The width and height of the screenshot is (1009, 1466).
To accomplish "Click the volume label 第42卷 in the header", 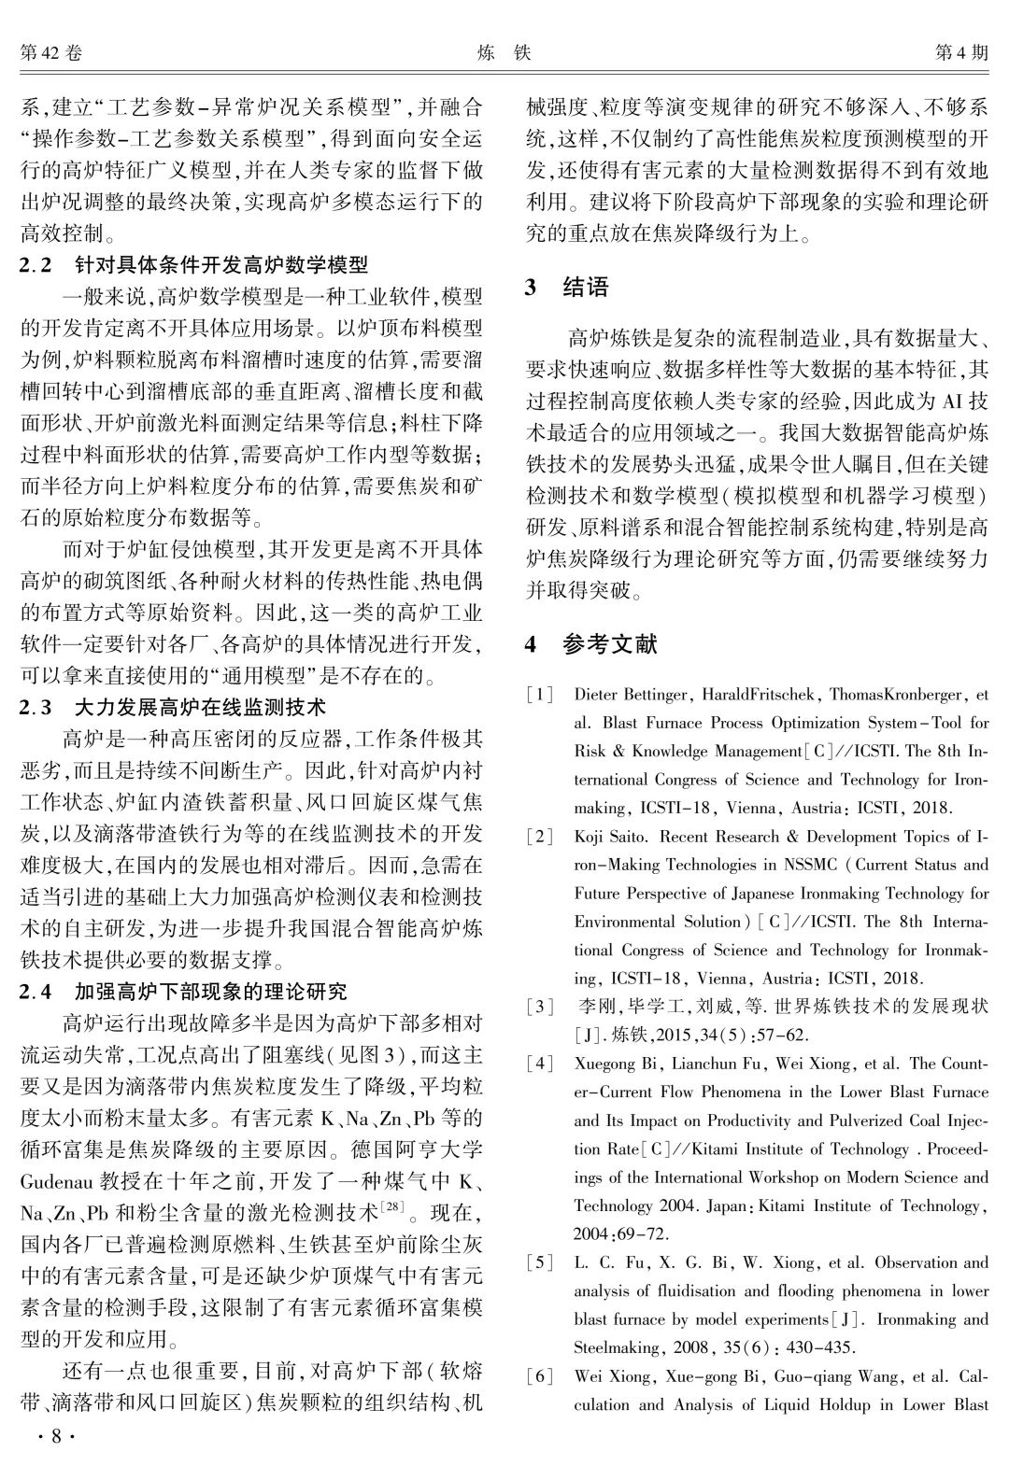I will coord(50,53).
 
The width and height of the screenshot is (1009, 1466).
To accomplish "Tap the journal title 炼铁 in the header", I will coord(504,53).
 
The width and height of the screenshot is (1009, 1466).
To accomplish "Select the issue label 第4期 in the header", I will coord(961,53).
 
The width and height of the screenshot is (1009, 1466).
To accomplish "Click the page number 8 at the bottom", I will coord(55,1436).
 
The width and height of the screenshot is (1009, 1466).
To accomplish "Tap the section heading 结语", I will coord(586,288).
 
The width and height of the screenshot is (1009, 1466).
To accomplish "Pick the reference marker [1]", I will coord(540,695).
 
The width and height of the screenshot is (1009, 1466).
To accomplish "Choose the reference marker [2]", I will coord(540,837).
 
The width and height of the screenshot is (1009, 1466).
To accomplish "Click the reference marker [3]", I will coord(540,1007).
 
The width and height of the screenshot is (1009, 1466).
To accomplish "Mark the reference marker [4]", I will coord(540,1064).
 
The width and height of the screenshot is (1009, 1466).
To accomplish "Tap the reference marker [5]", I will coord(540,1262).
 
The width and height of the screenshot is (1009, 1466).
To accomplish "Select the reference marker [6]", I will coord(540,1376).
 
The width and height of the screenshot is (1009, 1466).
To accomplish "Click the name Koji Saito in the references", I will coord(610,837).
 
